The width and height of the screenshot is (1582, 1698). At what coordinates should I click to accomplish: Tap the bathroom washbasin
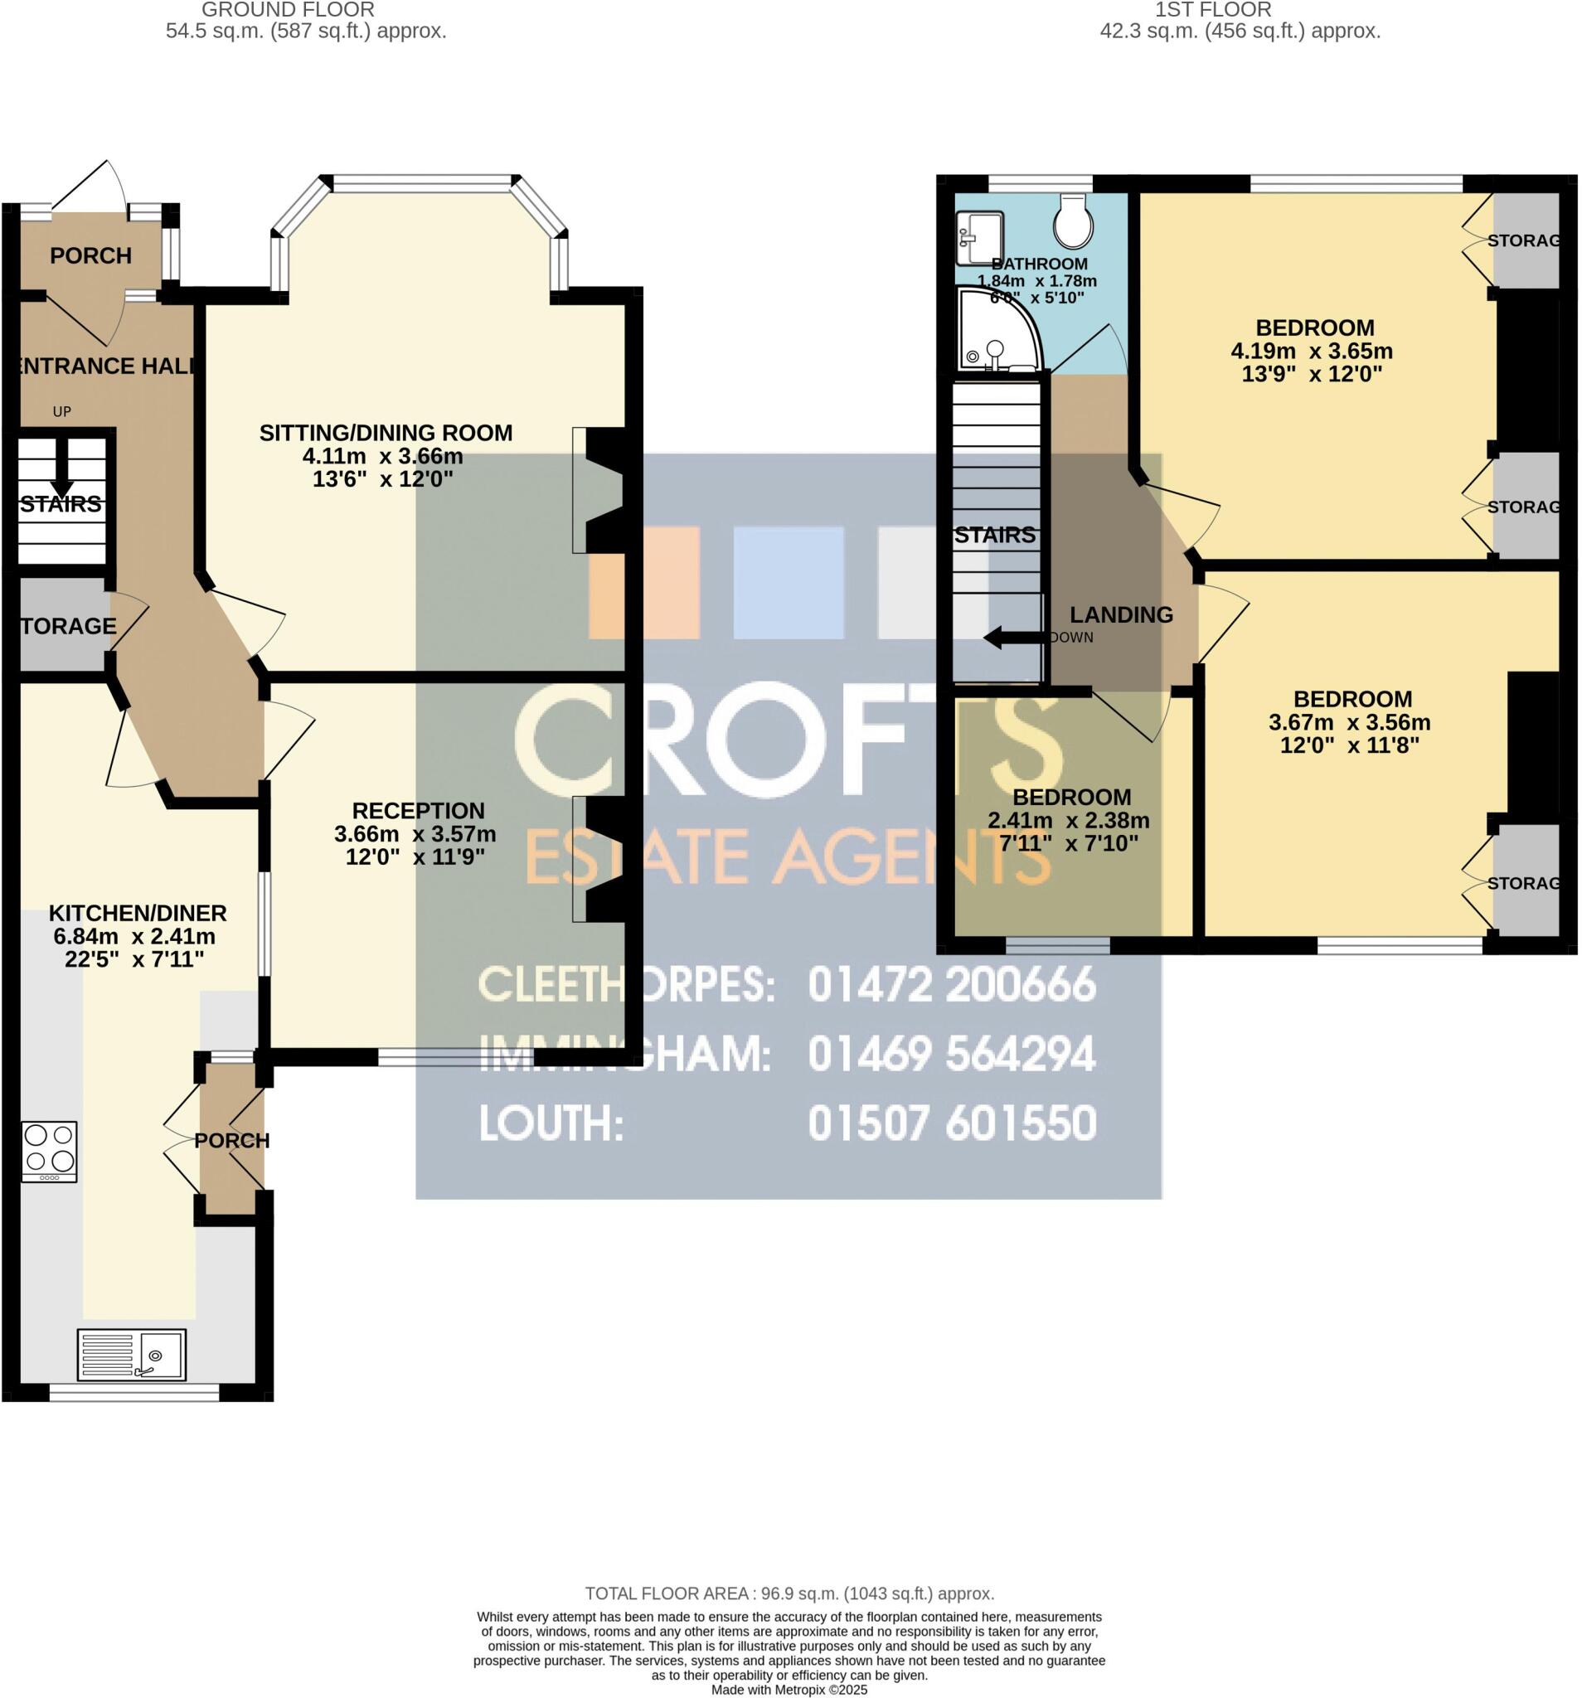pyautogui.click(x=980, y=238)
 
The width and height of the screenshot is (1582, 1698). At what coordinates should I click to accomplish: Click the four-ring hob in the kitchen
pyautogui.click(x=50, y=1150)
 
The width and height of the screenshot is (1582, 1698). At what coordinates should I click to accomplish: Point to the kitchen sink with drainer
pyautogui.click(x=132, y=1355)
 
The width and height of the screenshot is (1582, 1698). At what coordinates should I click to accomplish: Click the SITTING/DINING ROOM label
pyautogui.click(x=386, y=433)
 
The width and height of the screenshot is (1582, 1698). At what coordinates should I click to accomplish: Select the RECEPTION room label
pyautogui.click(x=418, y=810)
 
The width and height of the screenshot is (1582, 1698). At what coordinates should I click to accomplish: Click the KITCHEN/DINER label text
pyautogui.click(x=138, y=912)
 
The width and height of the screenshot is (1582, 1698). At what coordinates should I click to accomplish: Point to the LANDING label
pyautogui.click(x=1121, y=614)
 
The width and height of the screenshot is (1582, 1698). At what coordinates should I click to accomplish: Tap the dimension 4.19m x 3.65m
pyautogui.click(x=1311, y=351)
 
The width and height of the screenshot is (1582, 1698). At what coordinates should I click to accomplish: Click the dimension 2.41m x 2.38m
pyautogui.click(x=1068, y=820)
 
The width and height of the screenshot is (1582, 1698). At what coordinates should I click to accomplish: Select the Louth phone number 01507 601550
pyautogui.click(x=952, y=1123)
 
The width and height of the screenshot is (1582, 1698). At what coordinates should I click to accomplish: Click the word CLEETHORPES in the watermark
pyautogui.click(x=627, y=985)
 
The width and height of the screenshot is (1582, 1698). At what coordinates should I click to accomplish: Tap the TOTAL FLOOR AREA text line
pyautogui.click(x=789, y=1593)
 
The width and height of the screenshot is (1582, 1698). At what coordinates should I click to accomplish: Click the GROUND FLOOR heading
pyautogui.click(x=288, y=10)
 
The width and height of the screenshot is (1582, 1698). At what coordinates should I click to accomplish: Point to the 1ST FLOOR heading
pyautogui.click(x=1213, y=10)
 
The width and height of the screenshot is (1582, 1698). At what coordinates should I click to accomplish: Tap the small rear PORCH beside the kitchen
pyautogui.click(x=231, y=1140)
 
